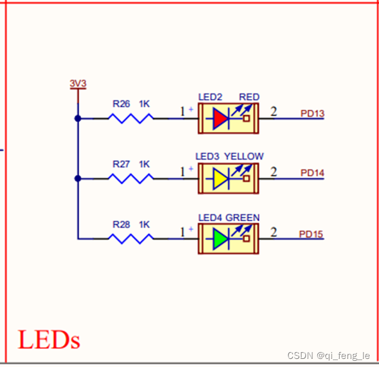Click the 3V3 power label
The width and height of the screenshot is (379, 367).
(77, 83)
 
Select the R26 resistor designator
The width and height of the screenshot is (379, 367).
(121, 104)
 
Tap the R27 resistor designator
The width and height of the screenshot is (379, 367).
(121, 164)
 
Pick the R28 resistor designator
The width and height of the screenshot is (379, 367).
(121, 224)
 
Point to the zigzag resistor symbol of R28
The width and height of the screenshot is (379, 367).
(131, 238)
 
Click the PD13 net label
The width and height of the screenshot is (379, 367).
(312, 113)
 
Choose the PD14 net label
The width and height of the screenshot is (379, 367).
(312, 173)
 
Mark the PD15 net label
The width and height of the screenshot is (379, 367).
(311, 234)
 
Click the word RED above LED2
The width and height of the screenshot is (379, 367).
(249, 97)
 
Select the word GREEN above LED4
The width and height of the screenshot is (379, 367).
(243, 217)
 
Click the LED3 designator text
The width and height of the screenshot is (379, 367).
(208, 156)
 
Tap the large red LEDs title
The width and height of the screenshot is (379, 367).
(49, 340)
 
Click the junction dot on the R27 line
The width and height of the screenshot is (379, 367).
(77, 178)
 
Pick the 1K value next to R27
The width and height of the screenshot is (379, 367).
(145, 164)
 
